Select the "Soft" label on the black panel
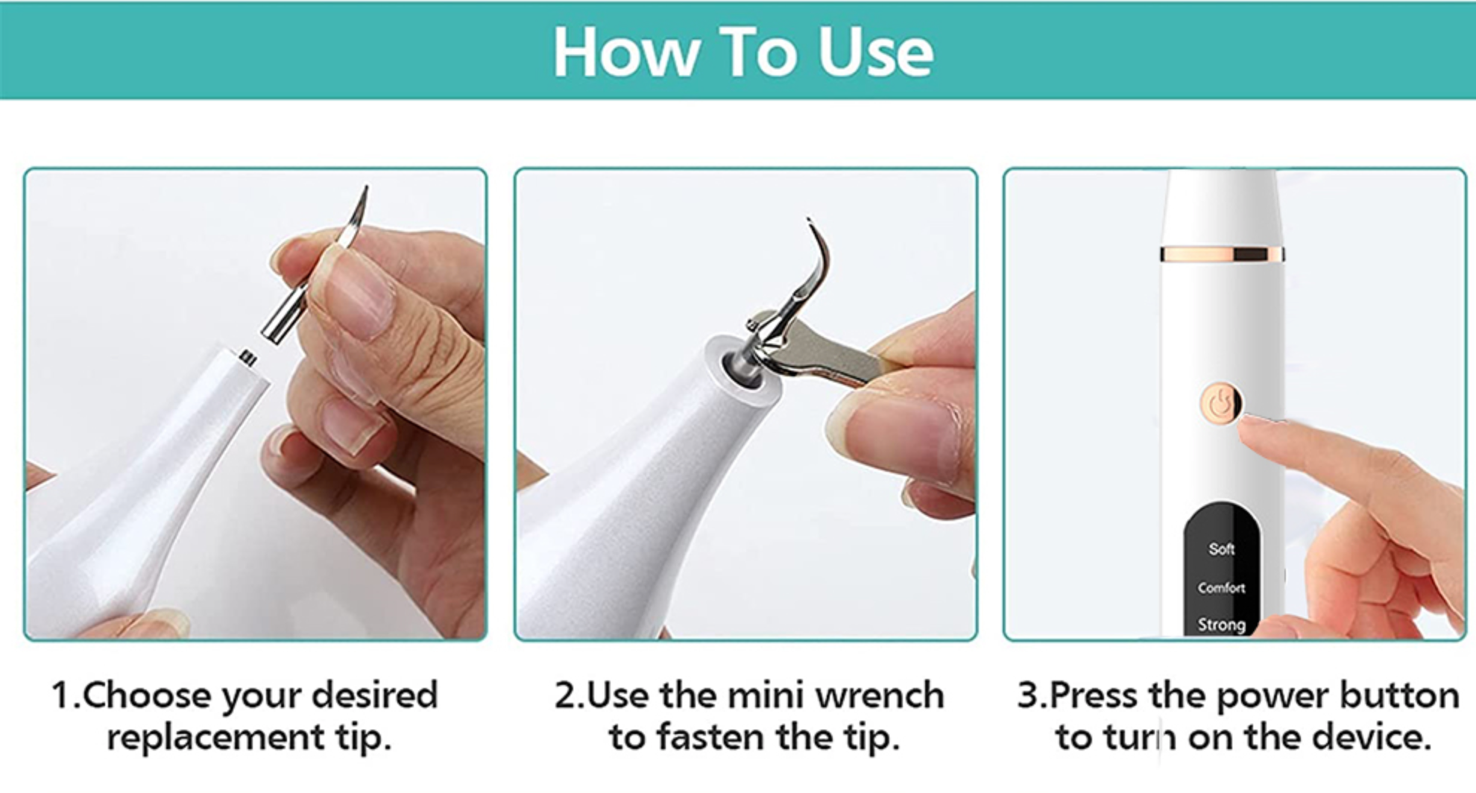tap(1222, 549)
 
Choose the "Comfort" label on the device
tap(1222, 588)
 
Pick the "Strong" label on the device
tap(1222, 625)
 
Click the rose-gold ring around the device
tap(1222, 254)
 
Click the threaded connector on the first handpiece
tap(247, 358)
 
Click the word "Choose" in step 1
tap(147, 695)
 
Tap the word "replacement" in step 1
tap(215, 739)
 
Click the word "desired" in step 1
tap(374, 695)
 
